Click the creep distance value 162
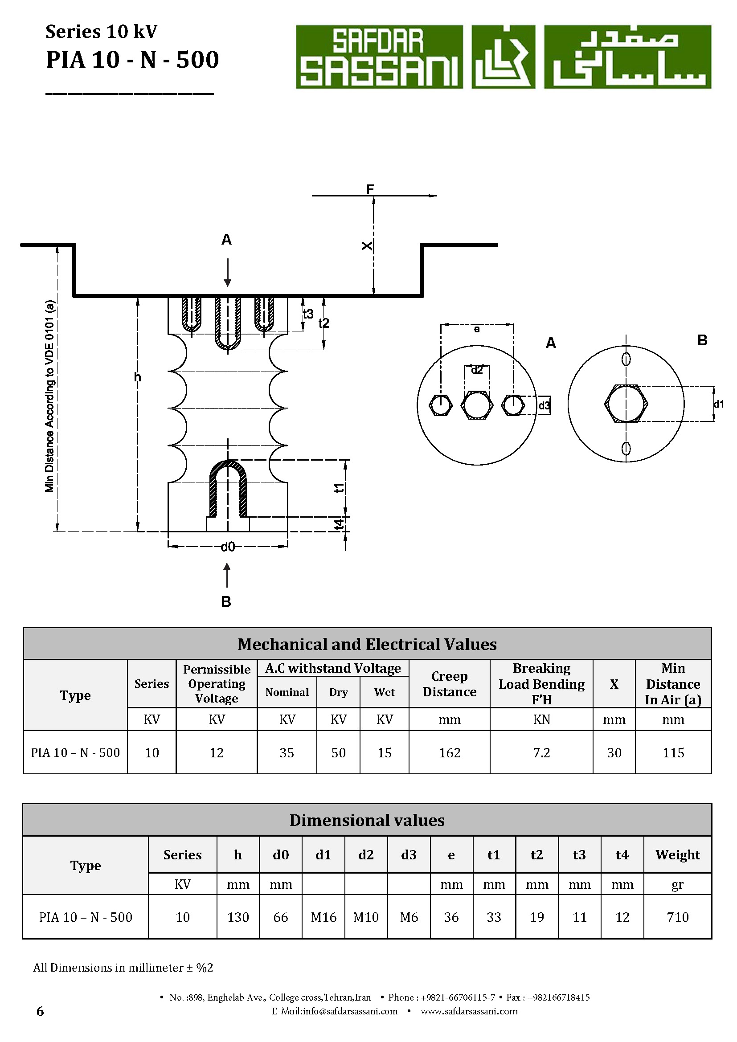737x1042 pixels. (449, 753)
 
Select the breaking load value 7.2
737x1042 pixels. (541, 753)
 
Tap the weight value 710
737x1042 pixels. (678, 917)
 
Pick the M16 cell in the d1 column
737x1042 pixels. (323, 917)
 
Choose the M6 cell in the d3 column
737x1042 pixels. (409, 917)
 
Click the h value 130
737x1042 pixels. (238, 917)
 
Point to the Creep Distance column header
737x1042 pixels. (449, 684)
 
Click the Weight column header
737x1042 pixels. (678, 854)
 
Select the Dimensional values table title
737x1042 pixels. (367, 820)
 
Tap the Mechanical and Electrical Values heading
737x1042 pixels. (367, 644)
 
